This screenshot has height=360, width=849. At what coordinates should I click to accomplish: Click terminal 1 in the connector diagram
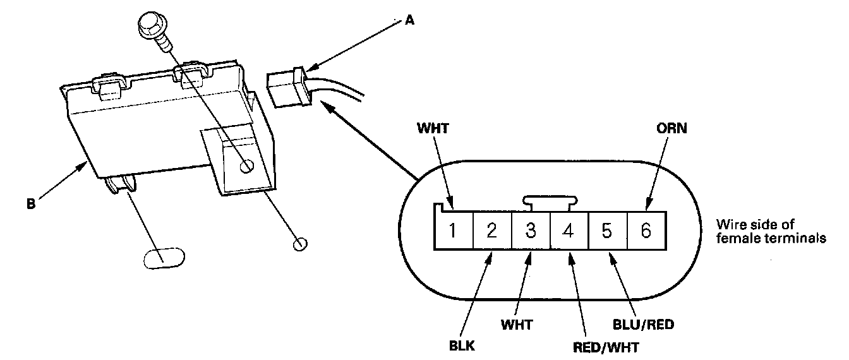454,231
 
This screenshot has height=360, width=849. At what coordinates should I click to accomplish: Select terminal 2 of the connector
492,231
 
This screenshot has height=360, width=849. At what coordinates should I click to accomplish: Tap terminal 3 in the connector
531,231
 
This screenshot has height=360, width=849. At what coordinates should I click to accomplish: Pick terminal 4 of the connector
569,231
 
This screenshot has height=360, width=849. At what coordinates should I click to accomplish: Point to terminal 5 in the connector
608,231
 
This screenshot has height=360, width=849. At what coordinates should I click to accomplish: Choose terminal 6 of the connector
647,231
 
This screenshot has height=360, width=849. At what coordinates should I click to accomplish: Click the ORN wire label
671,128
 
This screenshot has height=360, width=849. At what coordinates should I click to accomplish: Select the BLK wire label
462,345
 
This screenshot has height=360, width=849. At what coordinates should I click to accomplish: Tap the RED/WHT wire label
606,347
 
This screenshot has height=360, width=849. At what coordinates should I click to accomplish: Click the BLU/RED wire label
644,325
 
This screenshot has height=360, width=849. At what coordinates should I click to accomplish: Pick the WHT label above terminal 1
433,128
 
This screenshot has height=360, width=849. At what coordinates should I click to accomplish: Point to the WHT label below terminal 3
517,325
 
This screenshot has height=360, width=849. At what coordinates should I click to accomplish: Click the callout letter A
409,20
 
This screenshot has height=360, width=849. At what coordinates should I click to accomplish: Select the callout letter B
31,204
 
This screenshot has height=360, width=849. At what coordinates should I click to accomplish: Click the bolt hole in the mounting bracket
247,165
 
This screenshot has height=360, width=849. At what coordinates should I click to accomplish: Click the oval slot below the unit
164,258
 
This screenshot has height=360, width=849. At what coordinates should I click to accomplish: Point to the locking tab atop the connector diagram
550,203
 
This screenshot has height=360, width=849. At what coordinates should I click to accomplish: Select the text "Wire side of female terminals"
771,231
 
